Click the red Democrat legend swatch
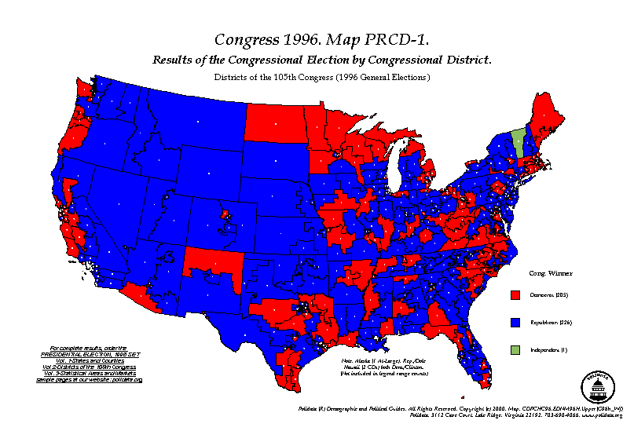coord(515,295)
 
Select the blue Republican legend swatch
coord(515,322)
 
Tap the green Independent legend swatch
coord(515,349)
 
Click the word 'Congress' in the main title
coord(246,40)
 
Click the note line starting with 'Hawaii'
coord(385,367)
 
